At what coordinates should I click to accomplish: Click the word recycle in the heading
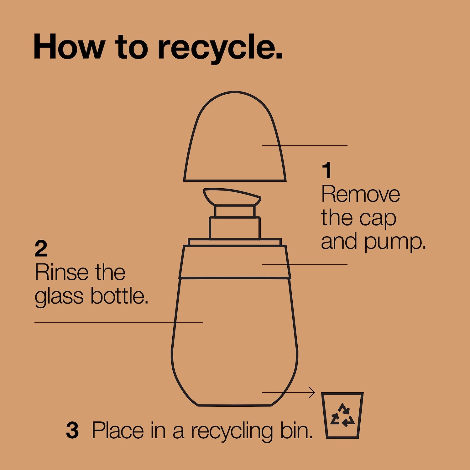(220, 47)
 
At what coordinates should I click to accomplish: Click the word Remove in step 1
(361, 194)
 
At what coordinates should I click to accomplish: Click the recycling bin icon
(342, 415)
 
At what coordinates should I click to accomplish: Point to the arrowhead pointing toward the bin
(312, 392)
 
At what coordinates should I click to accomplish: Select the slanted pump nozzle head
(232, 197)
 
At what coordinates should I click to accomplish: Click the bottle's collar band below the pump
(235, 262)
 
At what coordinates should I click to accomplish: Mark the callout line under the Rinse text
(119, 322)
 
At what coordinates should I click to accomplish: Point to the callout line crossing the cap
(305, 145)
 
